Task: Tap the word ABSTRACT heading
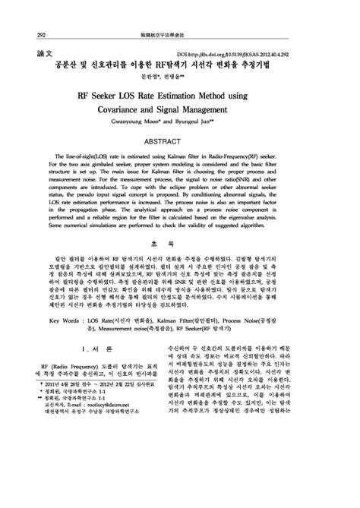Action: click(179, 142)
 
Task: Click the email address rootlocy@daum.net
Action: click(95, 405)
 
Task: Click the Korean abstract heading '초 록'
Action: click(179, 243)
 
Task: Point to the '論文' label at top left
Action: click(44, 55)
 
